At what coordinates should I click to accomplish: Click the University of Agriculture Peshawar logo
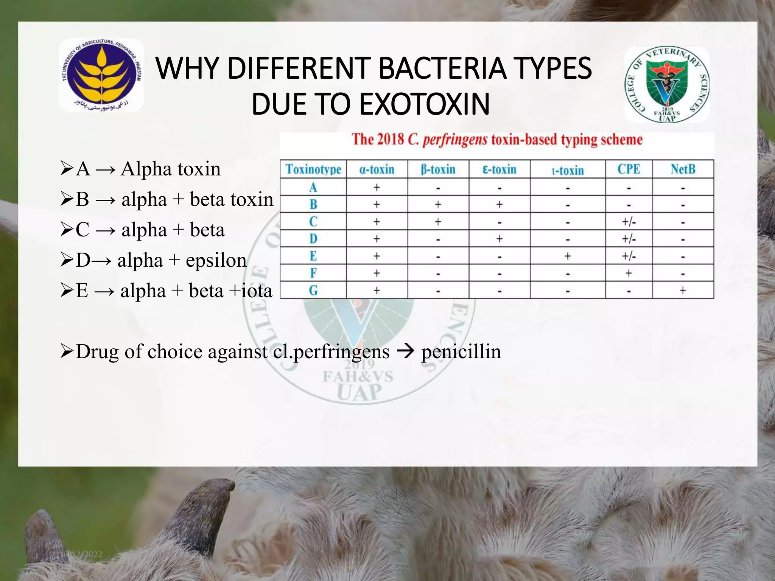point(101,75)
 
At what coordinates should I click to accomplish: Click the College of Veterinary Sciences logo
point(667,85)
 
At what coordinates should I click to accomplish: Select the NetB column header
point(683,169)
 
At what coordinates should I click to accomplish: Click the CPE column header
point(629,169)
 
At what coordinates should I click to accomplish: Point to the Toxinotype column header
point(313,169)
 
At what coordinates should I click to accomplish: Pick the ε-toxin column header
point(500,169)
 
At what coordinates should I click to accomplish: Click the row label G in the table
point(313,290)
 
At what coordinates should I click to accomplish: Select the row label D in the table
point(313,239)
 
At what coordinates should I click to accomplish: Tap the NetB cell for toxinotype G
point(683,290)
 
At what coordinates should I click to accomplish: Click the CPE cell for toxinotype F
point(629,273)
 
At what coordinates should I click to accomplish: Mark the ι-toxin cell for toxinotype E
point(568,256)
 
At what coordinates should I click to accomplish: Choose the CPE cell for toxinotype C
point(629,222)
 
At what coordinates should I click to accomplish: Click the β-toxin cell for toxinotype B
point(438,205)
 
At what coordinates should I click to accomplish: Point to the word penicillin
point(461,351)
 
